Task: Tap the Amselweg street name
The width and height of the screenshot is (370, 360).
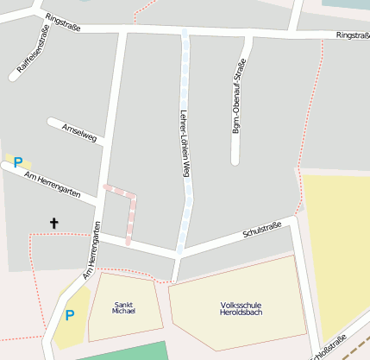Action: tap(80, 132)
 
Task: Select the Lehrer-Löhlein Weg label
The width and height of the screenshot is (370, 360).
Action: tap(184, 143)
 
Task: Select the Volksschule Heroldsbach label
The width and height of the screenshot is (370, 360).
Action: tap(241, 308)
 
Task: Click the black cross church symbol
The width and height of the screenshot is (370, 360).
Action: tap(54, 224)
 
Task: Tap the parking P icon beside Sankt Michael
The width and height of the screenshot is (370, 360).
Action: tap(70, 315)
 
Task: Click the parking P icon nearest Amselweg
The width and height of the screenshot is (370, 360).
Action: tap(17, 161)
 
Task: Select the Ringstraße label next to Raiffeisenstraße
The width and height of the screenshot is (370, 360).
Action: tap(63, 28)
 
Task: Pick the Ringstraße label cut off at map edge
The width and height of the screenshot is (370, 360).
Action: tap(352, 35)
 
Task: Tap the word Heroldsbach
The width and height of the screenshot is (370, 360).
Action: tap(241, 313)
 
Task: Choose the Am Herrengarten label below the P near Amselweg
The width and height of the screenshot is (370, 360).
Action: tap(53, 185)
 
